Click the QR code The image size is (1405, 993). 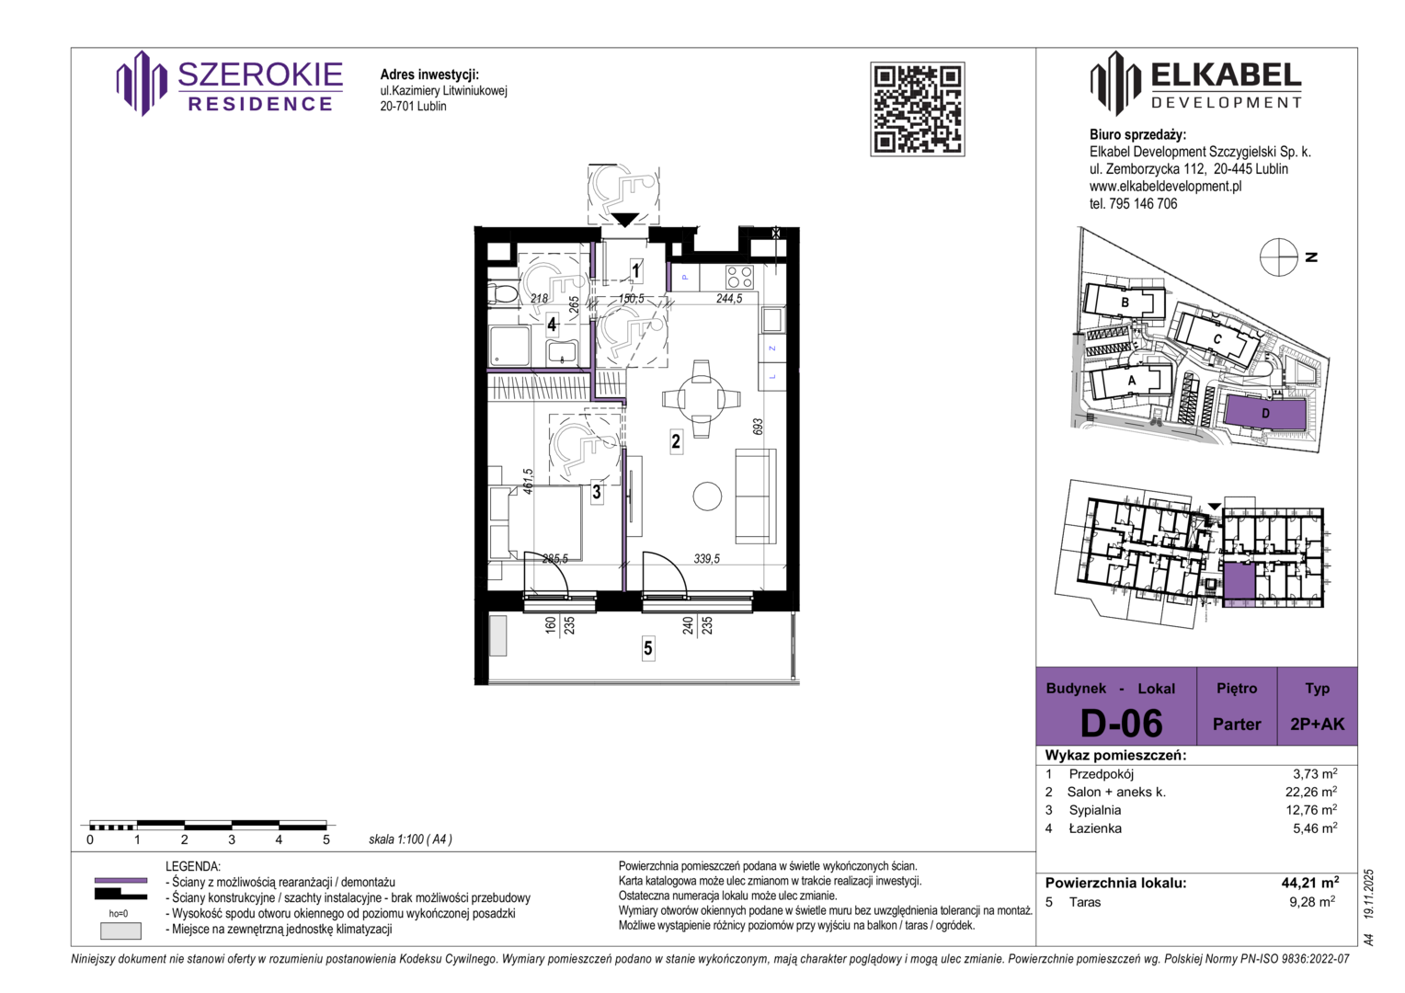click(917, 109)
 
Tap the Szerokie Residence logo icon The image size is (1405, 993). click(142, 84)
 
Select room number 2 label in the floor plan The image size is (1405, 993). click(676, 441)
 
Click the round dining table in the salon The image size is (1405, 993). click(702, 399)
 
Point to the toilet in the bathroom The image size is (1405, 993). click(503, 293)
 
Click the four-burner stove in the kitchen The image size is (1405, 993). click(739, 276)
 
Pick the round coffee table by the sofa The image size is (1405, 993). click(707, 496)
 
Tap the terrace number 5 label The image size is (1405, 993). click(648, 647)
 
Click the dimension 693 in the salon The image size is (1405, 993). click(758, 428)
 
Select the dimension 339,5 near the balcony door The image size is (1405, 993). click(706, 558)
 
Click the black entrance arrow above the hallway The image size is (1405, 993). click(624, 220)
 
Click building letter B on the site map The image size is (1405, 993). click(1125, 302)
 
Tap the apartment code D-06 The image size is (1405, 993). click(1122, 723)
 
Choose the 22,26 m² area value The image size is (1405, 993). click(1311, 792)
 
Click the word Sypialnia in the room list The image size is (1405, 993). click(1095, 810)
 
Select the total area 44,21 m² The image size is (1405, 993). click(1310, 883)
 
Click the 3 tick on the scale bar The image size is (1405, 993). click(232, 839)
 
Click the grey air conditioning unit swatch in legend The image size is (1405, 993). click(121, 930)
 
